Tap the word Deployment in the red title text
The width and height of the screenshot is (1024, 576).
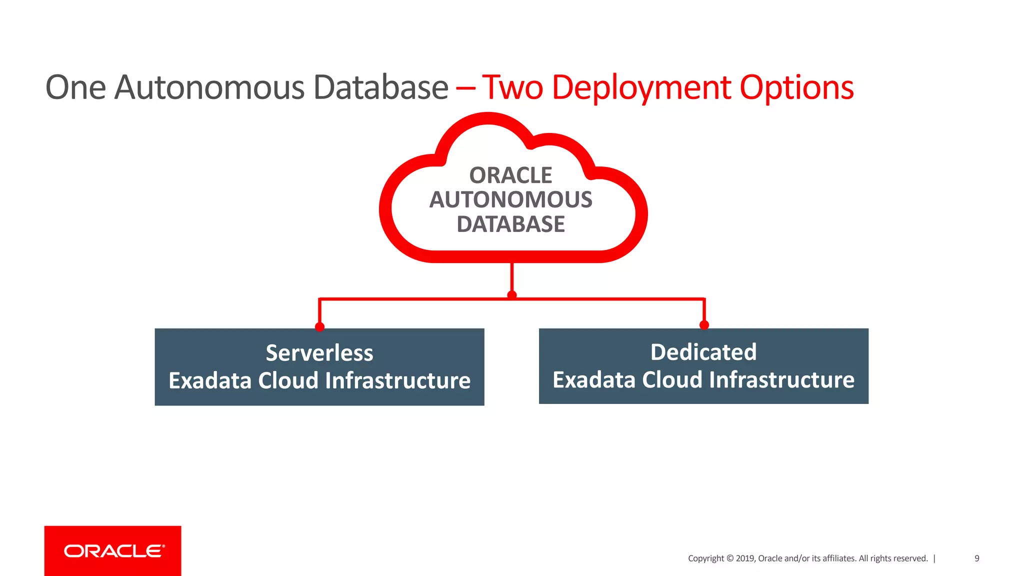click(x=641, y=88)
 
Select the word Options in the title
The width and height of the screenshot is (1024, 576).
click(x=796, y=88)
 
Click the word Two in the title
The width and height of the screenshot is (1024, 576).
click(x=512, y=88)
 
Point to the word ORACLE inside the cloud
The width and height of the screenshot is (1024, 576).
click(x=510, y=175)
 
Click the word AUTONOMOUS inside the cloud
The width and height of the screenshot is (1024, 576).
click(x=510, y=200)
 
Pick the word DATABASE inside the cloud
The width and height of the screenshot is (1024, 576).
click(x=510, y=224)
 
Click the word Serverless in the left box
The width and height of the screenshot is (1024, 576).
click(x=319, y=353)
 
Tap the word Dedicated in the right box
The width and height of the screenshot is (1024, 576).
click(x=703, y=352)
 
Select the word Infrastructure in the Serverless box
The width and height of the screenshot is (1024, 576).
click(x=398, y=381)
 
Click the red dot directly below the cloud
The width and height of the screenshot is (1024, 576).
click(x=511, y=295)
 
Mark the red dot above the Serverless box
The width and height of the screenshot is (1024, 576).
click(x=319, y=326)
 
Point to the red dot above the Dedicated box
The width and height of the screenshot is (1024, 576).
click(x=704, y=325)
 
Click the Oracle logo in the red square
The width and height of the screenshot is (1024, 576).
click(x=113, y=551)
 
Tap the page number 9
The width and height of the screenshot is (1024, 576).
click(x=976, y=558)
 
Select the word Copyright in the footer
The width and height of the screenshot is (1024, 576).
click(x=705, y=558)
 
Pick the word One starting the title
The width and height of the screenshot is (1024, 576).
click(x=75, y=88)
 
